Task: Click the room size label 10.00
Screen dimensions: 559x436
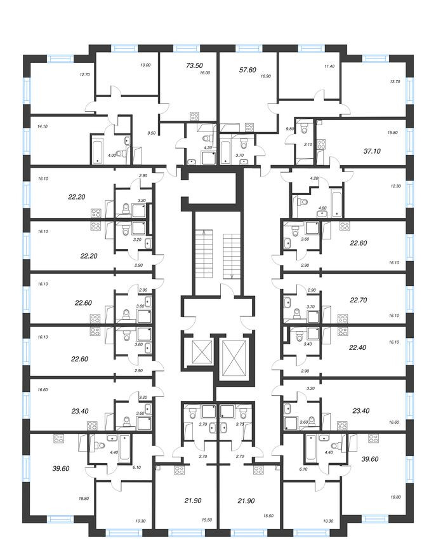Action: point(145,65)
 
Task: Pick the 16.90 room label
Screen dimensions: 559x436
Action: point(266,75)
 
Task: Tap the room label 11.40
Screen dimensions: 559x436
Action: point(329,65)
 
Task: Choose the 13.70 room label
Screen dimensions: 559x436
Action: point(395,81)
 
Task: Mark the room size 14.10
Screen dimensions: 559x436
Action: point(43,126)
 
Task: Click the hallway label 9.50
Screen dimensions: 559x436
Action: point(151,133)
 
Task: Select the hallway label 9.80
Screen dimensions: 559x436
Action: point(290,129)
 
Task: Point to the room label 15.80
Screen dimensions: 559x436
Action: point(392,133)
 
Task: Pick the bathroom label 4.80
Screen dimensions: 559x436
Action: point(321,207)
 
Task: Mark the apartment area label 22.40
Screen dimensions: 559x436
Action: point(359,347)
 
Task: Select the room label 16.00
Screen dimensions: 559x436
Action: point(204,73)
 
